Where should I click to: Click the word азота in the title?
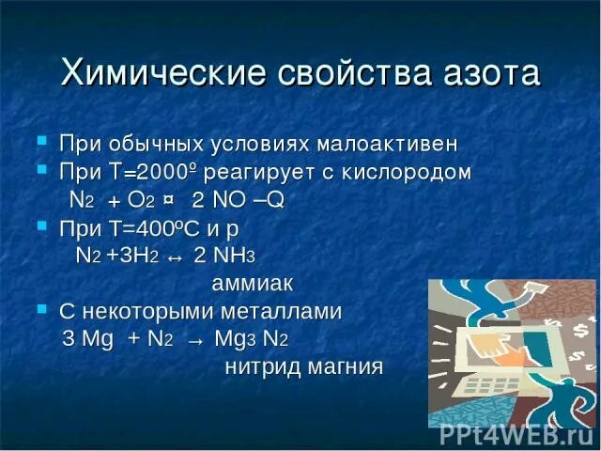point(485,72)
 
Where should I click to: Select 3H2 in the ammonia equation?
point(142,257)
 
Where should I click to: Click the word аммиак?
point(253,283)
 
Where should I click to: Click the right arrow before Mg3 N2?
point(195,339)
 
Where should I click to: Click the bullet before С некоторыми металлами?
point(40,307)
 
